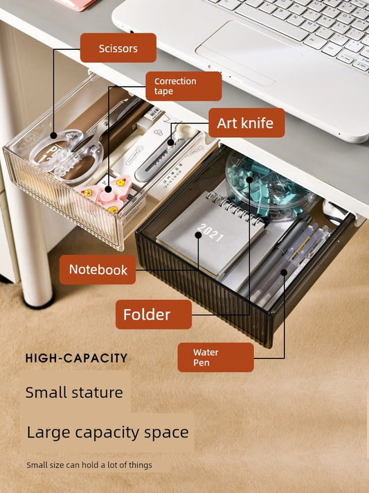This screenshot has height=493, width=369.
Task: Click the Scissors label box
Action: point(118,48)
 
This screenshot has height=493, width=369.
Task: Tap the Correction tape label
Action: point(183,86)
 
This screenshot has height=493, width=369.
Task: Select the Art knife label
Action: point(246,123)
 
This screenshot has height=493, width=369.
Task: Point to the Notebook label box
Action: point(98,270)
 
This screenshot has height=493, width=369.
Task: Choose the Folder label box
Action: point(154,314)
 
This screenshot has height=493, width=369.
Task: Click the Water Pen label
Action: point(215,357)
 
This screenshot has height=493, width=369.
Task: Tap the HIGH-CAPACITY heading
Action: point(76,358)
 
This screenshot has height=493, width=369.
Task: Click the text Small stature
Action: point(74,392)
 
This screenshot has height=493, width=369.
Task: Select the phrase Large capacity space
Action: point(108,432)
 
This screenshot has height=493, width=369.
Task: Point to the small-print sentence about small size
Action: point(89,465)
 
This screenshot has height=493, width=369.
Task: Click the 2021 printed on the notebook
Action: point(210,232)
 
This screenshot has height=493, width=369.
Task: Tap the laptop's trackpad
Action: point(249,53)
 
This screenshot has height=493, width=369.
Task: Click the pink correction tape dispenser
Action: point(107,193)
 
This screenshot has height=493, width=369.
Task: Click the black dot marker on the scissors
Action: point(54,135)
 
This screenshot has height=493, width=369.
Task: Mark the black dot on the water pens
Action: point(284,273)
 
